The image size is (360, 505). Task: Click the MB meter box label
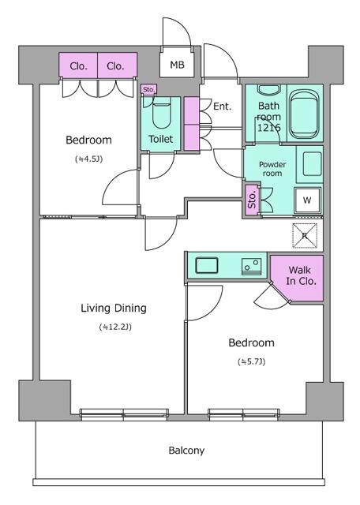click(177, 65)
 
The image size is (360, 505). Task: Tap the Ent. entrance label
click(222, 107)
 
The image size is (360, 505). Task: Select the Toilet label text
click(162, 140)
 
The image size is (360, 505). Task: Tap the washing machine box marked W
click(307, 200)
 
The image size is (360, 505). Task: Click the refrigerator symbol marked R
click(303, 235)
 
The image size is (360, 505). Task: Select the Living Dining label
click(114, 308)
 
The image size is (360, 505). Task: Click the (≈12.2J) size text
click(115, 327)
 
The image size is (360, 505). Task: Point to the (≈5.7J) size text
click(251, 362)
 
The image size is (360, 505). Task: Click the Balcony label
click(186, 451)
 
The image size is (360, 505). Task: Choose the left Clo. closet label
click(79, 66)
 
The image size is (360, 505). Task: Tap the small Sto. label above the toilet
click(148, 89)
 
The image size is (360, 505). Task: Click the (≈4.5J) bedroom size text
click(88, 159)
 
